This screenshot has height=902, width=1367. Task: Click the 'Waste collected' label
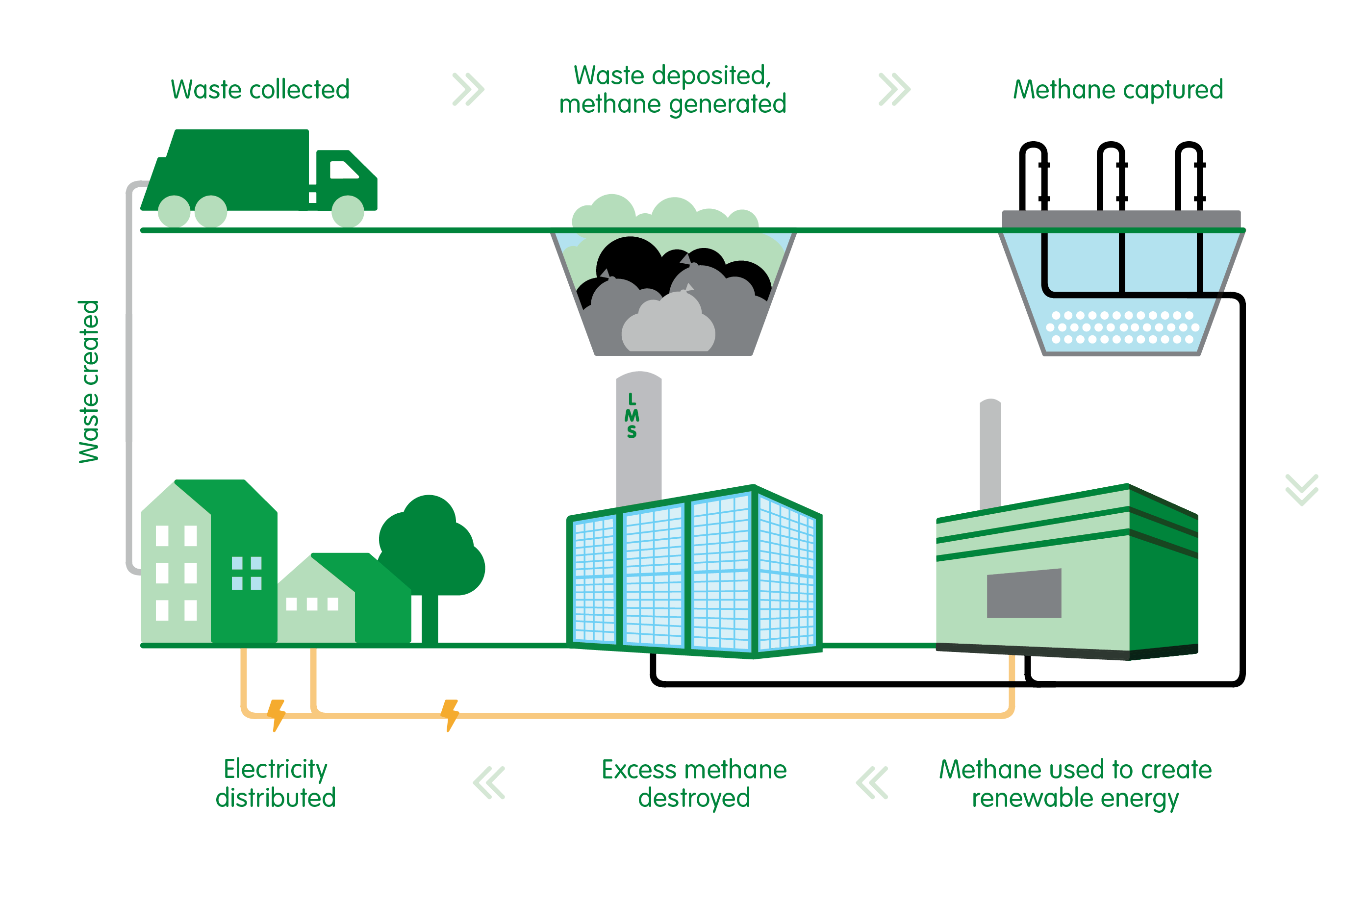pyautogui.click(x=260, y=90)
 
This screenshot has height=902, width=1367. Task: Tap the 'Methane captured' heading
pyautogui.click(x=1117, y=90)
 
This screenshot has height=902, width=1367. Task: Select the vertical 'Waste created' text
pyautogui.click(x=89, y=381)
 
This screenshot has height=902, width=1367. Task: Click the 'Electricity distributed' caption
pyautogui.click(x=276, y=783)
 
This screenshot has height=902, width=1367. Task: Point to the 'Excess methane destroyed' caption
pyautogui.click(x=694, y=783)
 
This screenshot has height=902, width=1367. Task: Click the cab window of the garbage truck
pyautogui.click(x=344, y=170)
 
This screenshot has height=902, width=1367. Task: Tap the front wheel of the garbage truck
pyautogui.click(x=348, y=211)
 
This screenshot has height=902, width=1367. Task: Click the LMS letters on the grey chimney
pyautogui.click(x=632, y=416)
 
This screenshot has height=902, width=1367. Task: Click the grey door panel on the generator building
pyautogui.click(x=1023, y=593)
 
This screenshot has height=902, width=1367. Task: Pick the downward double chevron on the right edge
pyautogui.click(x=1301, y=490)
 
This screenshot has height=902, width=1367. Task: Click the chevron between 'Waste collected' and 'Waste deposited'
pyautogui.click(x=468, y=90)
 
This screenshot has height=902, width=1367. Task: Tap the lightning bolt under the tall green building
pyautogui.click(x=277, y=714)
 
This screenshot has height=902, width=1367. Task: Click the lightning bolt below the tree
pyautogui.click(x=450, y=714)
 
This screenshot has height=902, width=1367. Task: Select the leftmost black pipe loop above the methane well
pyautogui.click(x=1033, y=173)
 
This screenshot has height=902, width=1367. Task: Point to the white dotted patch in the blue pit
pyautogui.click(x=1122, y=327)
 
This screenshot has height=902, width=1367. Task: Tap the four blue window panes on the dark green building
pyautogui.click(x=246, y=573)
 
